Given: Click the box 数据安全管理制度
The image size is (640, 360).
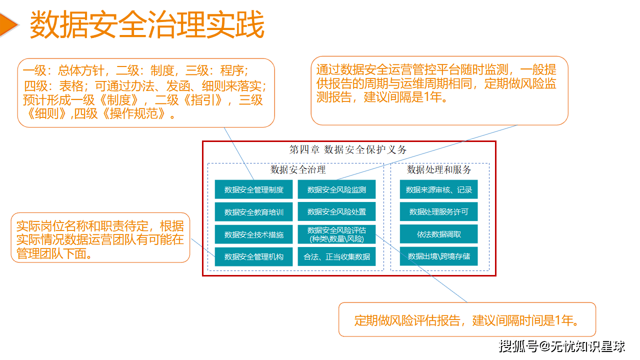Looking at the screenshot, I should pos(254,189).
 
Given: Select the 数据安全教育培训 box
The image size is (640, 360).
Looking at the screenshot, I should pos(254,212).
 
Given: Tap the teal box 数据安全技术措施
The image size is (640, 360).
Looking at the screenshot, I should pos(254,234).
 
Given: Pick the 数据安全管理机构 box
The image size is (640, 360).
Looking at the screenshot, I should pos(254,256).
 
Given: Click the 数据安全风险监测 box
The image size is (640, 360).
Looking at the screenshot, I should pos(336,189).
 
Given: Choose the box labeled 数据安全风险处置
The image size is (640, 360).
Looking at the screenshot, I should pos(336,212).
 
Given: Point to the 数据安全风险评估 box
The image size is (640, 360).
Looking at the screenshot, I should pos(336,234).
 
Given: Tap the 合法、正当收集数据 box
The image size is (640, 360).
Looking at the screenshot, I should pos(336,256).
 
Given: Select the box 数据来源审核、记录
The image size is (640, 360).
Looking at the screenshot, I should pos(438,189).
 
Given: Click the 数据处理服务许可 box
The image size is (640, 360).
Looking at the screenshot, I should pos(438,212).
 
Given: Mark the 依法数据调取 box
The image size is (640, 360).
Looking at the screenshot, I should pos(438,234).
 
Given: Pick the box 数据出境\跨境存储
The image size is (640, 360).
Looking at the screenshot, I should pos(438,256).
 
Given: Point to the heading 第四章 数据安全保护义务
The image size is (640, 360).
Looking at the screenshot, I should pos(348,149).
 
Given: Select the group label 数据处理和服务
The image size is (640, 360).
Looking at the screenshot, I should pos(439,169).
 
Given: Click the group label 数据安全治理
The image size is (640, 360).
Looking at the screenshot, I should pos(298,169).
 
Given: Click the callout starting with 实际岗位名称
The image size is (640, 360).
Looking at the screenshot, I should pos(100,239).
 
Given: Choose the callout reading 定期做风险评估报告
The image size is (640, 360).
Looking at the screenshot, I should pos(467,320).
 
